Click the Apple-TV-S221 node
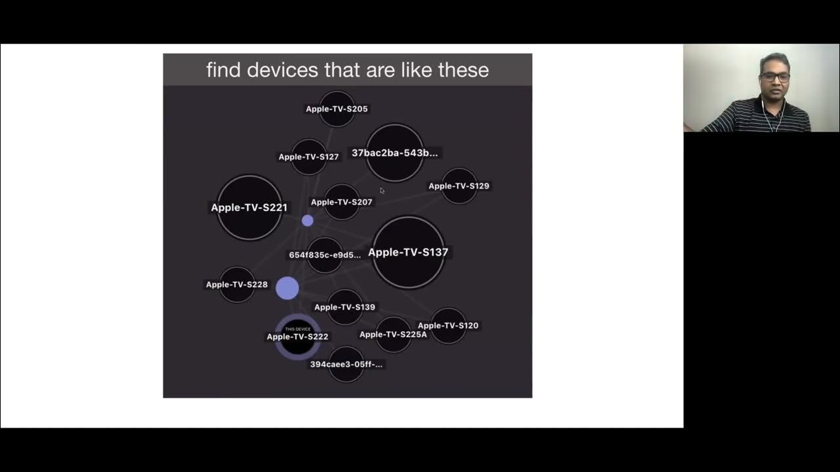[x=249, y=207]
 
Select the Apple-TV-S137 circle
[x=408, y=252]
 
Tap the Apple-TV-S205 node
[x=337, y=109]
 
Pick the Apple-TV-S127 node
[x=308, y=157]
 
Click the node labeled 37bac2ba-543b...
[x=394, y=153]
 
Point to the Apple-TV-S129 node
[x=459, y=186]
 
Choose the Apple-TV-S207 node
[x=341, y=202]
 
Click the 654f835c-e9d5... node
[x=325, y=255]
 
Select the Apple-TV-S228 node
[x=237, y=285]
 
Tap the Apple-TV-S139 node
[x=345, y=307]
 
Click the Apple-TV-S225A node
[x=393, y=334]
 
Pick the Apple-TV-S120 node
[x=448, y=326]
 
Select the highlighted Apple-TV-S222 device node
[x=298, y=338]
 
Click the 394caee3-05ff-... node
[x=346, y=364]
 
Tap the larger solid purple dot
[x=287, y=288]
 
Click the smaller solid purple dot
[x=307, y=221]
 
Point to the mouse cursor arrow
[x=382, y=191]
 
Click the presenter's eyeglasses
[x=775, y=77]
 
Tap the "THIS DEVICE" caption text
[x=298, y=329]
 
